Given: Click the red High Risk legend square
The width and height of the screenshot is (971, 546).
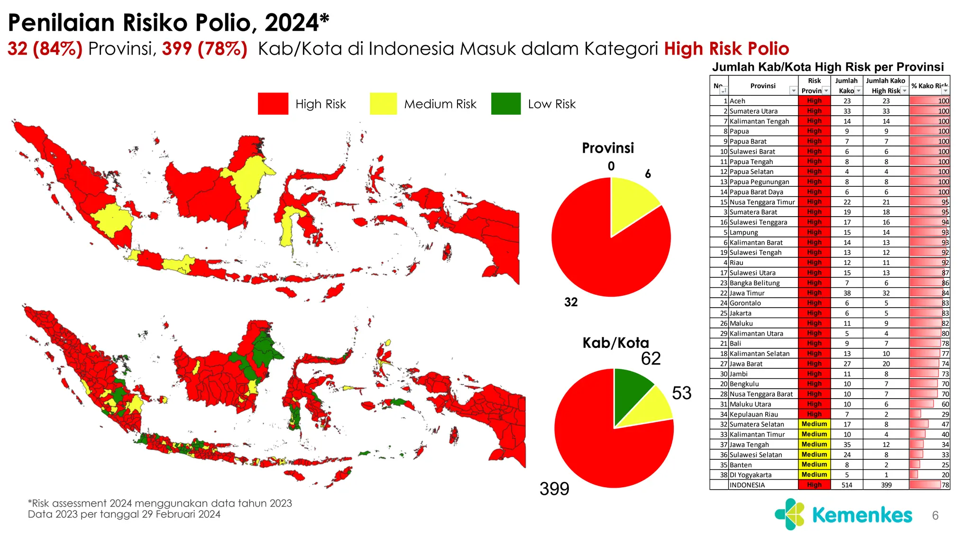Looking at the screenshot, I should [x=273, y=104].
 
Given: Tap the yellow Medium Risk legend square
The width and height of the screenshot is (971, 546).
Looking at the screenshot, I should [x=383, y=104].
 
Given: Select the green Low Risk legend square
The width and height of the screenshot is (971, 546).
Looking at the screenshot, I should [x=506, y=104].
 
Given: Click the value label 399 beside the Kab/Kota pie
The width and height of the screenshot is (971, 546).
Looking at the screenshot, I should [x=554, y=489].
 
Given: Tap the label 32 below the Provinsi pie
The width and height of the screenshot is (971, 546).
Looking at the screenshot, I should [x=571, y=302].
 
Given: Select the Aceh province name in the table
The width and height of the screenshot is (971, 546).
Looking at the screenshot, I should [x=737, y=101].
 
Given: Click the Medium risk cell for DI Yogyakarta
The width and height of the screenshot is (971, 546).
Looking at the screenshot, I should [x=814, y=475].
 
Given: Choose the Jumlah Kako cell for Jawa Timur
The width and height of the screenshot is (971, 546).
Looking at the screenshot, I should [x=847, y=293].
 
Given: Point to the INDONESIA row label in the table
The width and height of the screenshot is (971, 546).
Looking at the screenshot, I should [x=747, y=485].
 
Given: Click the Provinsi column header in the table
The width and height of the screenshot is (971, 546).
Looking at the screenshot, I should [x=762, y=86].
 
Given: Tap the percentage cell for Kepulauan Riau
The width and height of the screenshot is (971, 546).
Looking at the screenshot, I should [x=929, y=414].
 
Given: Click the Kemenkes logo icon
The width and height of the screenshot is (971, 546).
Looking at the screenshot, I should [x=789, y=514].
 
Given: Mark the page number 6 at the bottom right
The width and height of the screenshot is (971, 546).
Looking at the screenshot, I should [x=935, y=516].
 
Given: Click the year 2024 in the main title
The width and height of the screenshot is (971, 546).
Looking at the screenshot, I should [x=291, y=23].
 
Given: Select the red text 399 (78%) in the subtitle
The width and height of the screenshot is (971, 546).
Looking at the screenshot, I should [x=204, y=49].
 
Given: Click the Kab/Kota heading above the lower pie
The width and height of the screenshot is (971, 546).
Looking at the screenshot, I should [x=615, y=343].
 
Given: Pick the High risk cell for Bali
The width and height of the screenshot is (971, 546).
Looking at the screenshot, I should [x=814, y=344].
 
